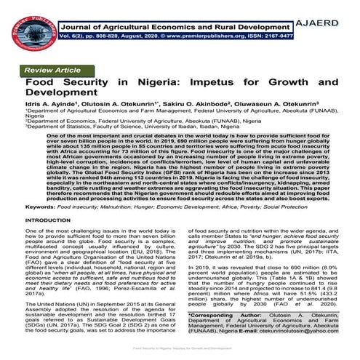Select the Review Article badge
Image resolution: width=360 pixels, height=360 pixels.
(53, 70)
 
